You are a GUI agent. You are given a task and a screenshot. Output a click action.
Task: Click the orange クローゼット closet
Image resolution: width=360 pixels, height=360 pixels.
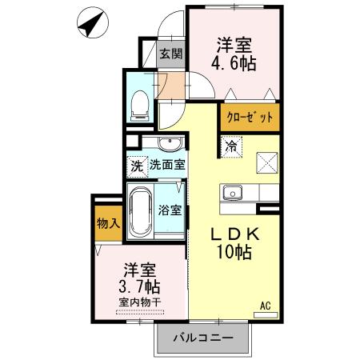(250, 117)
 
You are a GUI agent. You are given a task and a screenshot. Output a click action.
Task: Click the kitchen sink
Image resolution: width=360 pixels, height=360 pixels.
(234, 193)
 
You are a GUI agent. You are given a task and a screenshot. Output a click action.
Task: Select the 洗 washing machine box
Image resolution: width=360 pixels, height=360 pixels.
(137, 168)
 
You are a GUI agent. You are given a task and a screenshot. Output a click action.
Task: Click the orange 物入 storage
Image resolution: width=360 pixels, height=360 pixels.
(108, 223)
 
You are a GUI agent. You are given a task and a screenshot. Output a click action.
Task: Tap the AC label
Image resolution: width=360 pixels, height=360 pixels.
(265, 304)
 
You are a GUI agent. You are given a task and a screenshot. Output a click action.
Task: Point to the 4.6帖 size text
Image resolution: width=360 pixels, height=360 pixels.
(234, 63)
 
